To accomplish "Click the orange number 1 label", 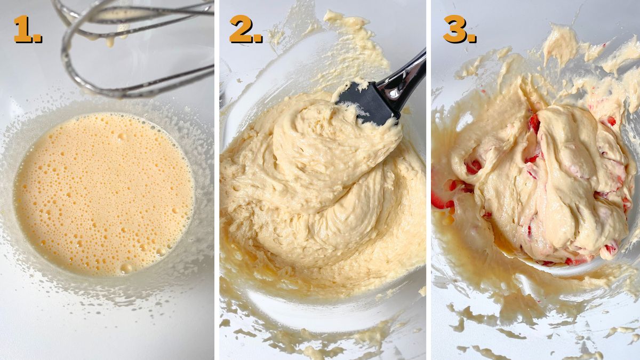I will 22,29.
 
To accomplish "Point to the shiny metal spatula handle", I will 408,77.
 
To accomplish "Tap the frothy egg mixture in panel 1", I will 104,192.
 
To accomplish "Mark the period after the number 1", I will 38,39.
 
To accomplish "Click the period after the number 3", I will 472,39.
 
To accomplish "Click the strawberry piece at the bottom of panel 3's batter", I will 576,261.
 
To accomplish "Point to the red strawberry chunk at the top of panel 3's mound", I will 534,123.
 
